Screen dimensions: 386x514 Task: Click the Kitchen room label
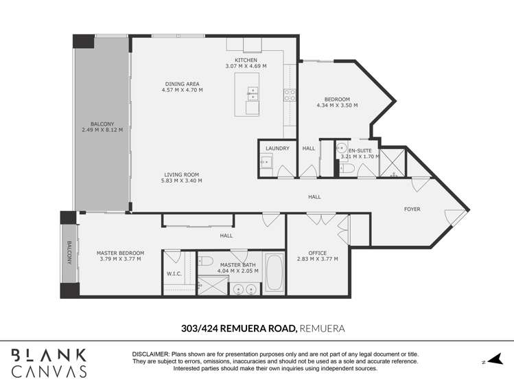(x=246, y=60)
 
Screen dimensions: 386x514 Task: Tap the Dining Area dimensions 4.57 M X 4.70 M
(x=182, y=90)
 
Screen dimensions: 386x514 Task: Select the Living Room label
(x=181, y=174)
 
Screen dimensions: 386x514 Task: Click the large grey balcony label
(x=102, y=124)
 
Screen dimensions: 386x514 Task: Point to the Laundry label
(x=277, y=148)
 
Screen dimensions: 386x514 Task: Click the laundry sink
(x=266, y=163)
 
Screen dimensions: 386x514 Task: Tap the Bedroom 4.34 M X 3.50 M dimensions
(x=337, y=106)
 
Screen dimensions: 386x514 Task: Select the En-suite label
(x=360, y=150)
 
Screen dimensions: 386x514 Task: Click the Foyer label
(x=412, y=209)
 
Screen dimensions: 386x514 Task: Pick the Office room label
(x=317, y=253)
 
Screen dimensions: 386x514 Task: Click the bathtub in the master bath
(x=274, y=274)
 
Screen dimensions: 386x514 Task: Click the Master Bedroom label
(x=119, y=253)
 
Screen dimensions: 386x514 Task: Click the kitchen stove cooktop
(x=290, y=95)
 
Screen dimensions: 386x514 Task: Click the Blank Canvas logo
(x=49, y=363)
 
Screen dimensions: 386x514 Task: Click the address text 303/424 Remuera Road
(x=233, y=329)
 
